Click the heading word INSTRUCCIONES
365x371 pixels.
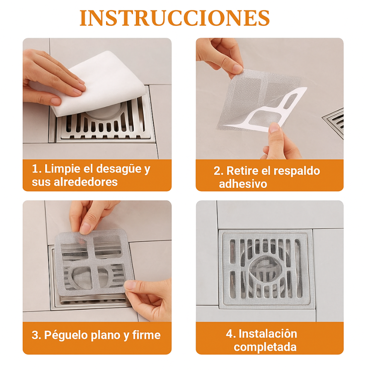pos(174,18)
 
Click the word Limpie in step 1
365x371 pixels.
pos(63,169)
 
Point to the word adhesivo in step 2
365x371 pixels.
pos(243,184)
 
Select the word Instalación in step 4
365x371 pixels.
pos(268,334)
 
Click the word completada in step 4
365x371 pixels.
pos(265,347)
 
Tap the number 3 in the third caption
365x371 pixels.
pos(36,335)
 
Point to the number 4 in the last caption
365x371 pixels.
pos(230,334)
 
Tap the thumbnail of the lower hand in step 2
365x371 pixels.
pos(274,128)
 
